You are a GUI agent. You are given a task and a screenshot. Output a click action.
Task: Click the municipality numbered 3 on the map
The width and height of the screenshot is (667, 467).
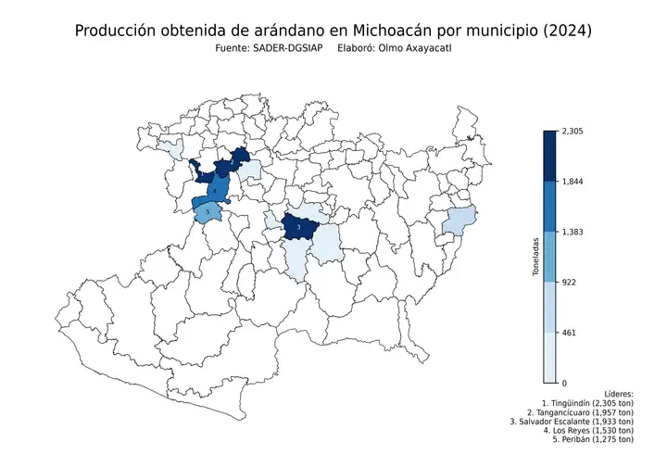tap(298, 226)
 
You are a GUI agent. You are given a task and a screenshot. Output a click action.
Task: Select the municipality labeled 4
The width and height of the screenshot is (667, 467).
tap(215, 190)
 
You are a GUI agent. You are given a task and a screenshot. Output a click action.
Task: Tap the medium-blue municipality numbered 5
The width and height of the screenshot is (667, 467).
tap(208, 212)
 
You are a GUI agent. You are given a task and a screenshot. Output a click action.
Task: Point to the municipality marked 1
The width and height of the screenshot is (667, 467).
tap(201, 173)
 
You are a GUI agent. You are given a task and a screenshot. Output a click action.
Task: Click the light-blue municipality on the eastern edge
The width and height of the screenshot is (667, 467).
tap(459, 221)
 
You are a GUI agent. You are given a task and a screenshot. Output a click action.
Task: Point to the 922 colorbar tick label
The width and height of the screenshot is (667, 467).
tap(570, 282)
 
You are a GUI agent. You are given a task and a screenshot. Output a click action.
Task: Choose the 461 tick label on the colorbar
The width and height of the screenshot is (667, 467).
tap(570, 332)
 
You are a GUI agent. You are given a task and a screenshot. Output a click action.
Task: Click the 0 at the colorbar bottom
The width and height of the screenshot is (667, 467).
tap(564, 382)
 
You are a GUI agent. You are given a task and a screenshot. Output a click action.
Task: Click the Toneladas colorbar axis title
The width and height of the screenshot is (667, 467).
tap(535, 257)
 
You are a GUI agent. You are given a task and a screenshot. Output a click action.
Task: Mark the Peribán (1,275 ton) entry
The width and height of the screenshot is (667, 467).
tap(593, 440)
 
